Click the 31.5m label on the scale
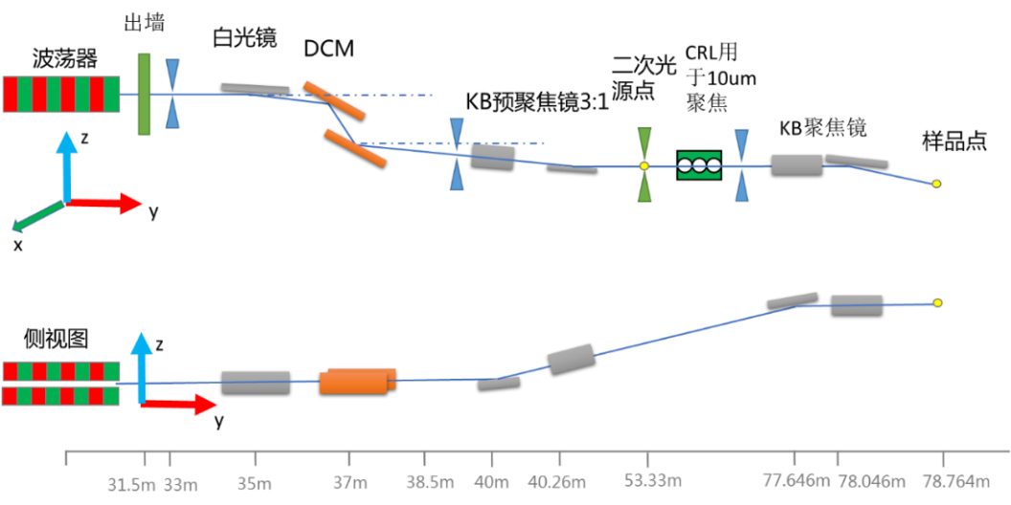(x=131, y=484)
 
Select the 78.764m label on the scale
(x=946, y=480)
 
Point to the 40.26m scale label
(x=557, y=482)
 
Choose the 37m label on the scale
(x=349, y=483)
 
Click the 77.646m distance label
(x=796, y=479)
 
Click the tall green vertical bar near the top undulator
(x=144, y=95)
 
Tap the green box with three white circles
(x=699, y=165)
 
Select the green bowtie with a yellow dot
(x=644, y=165)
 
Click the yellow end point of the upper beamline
(x=936, y=184)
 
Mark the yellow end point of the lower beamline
(x=937, y=302)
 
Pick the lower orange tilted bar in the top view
(x=355, y=147)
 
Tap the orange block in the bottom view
(x=356, y=381)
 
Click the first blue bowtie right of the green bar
(x=172, y=94)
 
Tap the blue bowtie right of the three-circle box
(x=741, y=165)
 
